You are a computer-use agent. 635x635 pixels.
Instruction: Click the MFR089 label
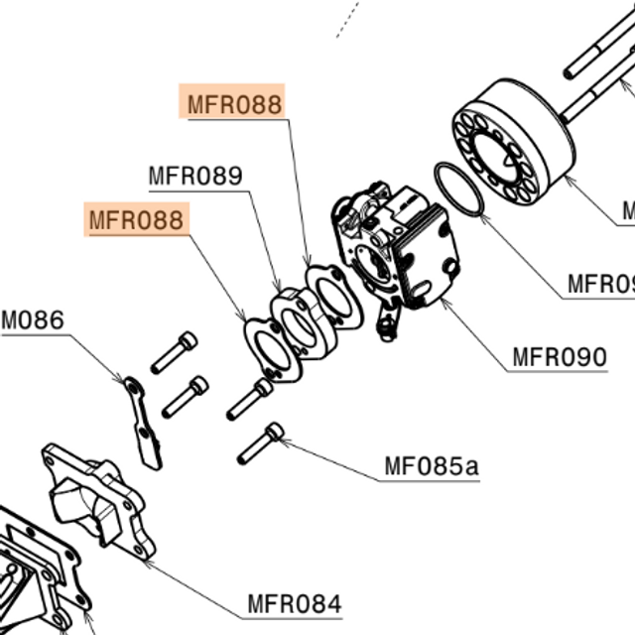tap(195, 177)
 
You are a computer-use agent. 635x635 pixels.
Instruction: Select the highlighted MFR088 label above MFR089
tap(235, 103)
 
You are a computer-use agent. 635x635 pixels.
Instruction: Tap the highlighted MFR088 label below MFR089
tap(137, 218)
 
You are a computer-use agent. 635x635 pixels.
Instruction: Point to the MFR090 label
tap(559, 355)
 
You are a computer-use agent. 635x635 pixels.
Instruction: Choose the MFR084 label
tap(294, 603)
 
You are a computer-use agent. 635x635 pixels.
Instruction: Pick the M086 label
tap(32, 319)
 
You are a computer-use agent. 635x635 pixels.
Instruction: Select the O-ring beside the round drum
tap(458, 189)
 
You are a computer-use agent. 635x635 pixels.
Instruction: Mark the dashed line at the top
tap(346, 19)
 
